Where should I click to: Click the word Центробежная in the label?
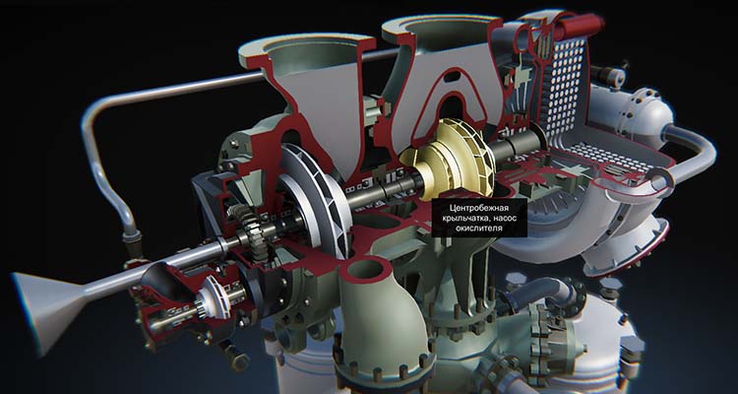point(479,208)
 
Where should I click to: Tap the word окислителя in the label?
point(479,229)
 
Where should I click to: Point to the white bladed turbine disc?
point(313,198)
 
